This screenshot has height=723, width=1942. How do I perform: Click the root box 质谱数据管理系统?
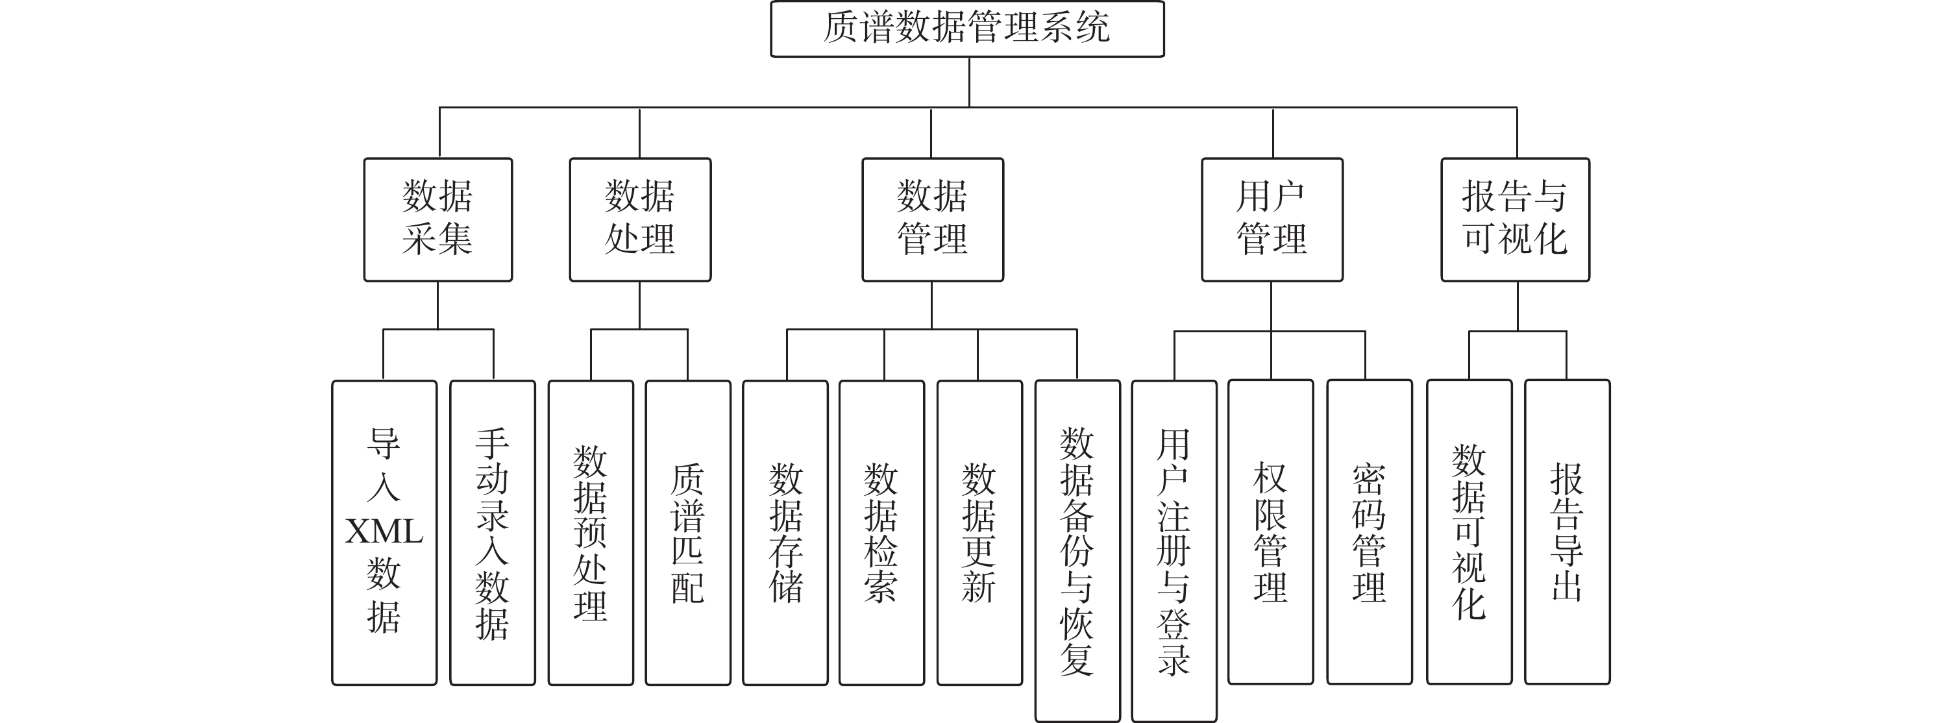[x=966, y=29]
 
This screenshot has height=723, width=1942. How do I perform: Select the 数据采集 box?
[x=438, y=219]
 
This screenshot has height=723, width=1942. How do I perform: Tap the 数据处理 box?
[x=640, y=219]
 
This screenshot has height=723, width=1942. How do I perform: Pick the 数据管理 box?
[x=933, y=219]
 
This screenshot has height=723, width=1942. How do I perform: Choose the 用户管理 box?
[x=1272, y=219]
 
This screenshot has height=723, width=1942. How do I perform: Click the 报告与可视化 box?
[x=1516, y=219]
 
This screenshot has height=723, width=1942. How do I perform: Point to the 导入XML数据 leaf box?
[x=384, y=532]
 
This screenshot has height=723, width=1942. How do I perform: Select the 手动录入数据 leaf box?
[x=492, y=532]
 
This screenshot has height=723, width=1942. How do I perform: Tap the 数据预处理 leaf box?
[x=590, y=532]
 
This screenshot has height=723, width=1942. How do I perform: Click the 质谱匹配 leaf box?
[x=687, y=532]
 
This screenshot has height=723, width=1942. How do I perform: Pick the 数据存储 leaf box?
[x=785, y=532]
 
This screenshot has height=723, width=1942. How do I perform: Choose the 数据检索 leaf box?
[x=881, y=532]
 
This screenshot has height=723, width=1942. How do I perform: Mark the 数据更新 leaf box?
[x=979, y=532]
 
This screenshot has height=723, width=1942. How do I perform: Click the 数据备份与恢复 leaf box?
[x=1077, y=550]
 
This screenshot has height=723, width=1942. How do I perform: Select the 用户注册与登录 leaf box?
[x=1174, y=550]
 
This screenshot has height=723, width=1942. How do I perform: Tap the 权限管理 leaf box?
[x=1270, y=532]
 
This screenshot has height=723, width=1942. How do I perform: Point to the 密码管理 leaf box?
[x=1369, y=532]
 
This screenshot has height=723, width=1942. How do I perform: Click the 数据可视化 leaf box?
[x=1469, y=532]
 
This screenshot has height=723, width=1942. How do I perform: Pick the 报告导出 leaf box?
[x=1567, y=532]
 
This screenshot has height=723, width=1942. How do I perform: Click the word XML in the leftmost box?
[x=384, y=532]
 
